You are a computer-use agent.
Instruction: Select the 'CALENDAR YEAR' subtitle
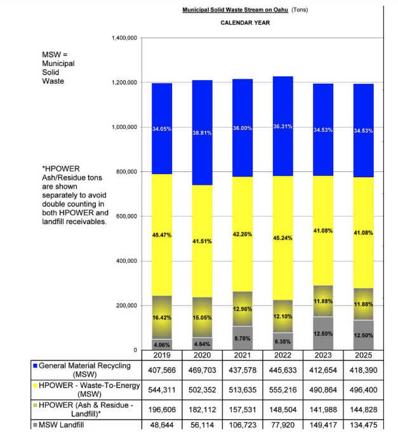point(245,23)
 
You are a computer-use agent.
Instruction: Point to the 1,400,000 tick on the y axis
point(124,38)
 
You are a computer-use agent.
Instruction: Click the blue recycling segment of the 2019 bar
point(161,129)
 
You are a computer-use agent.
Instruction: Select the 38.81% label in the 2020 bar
point(202,133)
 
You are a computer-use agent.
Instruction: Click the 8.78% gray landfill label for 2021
point(242,338)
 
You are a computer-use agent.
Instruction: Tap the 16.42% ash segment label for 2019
point(161,317)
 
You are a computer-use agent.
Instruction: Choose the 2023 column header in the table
point(323,354)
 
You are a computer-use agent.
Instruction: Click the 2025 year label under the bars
point(364,354)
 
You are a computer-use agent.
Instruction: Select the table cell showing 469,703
point(202,370)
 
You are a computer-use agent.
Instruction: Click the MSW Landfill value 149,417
point(323,425)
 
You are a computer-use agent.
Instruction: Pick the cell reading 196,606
point(161,410)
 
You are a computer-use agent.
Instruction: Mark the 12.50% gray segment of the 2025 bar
point(364,335)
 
